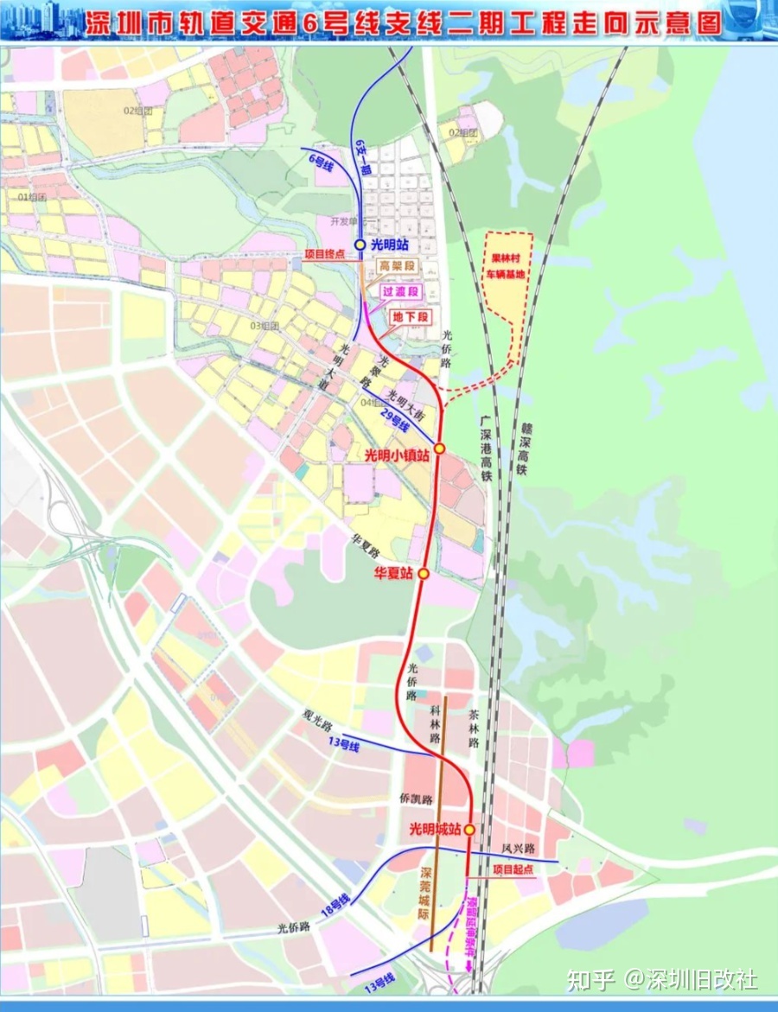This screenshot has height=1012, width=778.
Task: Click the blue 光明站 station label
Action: [x=390, y=245]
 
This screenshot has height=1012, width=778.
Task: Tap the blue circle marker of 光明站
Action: [x=360, y=245]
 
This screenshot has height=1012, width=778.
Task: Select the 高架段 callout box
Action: [x=398, y=267]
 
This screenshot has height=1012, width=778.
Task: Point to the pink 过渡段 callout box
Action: [x=400, y=292]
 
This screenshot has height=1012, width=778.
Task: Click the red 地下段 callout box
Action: [x=411, y=317]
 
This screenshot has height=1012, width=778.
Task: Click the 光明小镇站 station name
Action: [x=397, y=455]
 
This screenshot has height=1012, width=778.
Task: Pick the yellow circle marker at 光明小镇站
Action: [x=439, y=449]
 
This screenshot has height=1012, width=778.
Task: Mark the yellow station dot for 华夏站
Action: [x=424, y=574]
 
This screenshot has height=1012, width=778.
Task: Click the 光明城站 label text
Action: [x=435, y=831]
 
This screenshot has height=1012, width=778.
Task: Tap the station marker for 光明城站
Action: [x=469, y=831]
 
